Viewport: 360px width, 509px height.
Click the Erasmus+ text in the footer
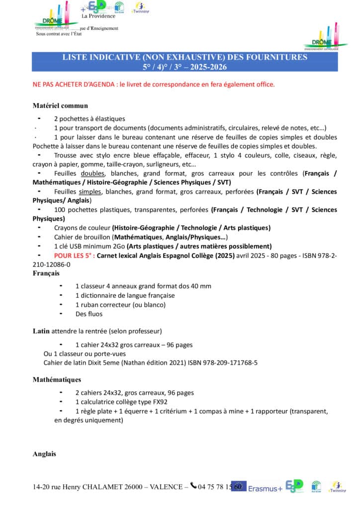tap(265, 488)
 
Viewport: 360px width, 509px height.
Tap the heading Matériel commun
tap(60, 105)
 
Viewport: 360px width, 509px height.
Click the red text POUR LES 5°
tap(74, 255)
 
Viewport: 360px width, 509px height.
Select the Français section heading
tap(46, 273)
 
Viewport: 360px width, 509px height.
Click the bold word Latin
tap(41, 331)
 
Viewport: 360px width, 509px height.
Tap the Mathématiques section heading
tap(57, 380)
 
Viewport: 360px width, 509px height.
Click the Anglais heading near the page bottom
tap(44, 454)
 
